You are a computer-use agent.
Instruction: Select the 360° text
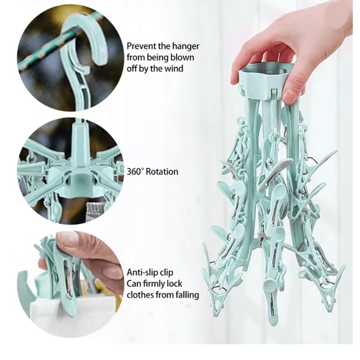[x=136, y=171]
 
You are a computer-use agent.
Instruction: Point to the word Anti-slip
[x=144, y=273]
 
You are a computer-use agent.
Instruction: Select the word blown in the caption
[x=186, y=58]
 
